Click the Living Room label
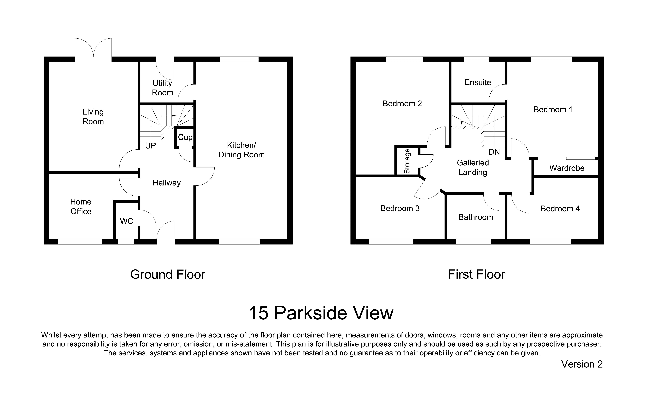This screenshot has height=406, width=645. click(x=93, y=117)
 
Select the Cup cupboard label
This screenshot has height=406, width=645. click(x=185, y=137)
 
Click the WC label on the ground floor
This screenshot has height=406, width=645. click(x=126, y=221)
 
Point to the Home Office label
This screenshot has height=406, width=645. click(x=81, y=206)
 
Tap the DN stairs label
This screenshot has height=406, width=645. click(x=494, y=152)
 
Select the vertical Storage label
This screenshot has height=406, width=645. click(x=407, y=161)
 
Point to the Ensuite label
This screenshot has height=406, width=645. click(x=478, y=82)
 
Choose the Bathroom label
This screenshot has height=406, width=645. click(x=476, y=217)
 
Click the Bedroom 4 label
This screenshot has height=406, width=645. click(x=560, y=209)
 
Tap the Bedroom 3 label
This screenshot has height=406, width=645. click(x=400, y=208)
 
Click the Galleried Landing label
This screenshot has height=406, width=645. click(x=473, y=168)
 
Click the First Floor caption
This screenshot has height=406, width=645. click(x=477, y=274)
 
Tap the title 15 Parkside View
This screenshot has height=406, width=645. click(x=321, y=313)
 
